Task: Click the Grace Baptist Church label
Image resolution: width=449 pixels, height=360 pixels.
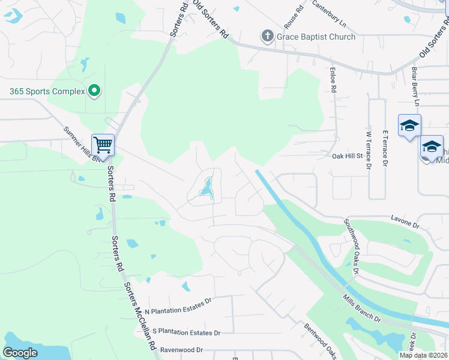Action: pyautogui.click(x=316, y=37)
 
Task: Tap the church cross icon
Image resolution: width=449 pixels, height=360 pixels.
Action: pyautogui.click(x=267, y=37)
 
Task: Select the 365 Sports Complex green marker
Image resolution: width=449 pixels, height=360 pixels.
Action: pyautogui.click(x=94, y=91)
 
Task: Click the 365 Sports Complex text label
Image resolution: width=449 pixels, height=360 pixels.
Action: pyautogui.click(x=46, y=92)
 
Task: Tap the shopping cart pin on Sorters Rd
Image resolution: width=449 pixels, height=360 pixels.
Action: pyautogui.click(x=103, y=145)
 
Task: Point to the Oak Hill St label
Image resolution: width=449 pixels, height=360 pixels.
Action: pyautogui.click(x=348, y=155)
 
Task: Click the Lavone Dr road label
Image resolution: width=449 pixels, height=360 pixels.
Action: pyautogui.click(x=405, y=223)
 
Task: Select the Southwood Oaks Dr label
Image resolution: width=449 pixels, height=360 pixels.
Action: pyautogui.click(x=351, y=247)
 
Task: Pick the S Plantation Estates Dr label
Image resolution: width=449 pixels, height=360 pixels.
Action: pyautogui.click(x=187, y=332)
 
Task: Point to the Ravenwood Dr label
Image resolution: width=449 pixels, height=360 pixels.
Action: pyautogui.click(x=181, y=350)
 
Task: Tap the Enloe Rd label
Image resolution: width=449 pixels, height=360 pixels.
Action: pyautogui.click(x=332, y=80)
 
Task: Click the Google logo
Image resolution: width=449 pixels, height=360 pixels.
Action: pyautogui.click(x=20, y=352)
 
